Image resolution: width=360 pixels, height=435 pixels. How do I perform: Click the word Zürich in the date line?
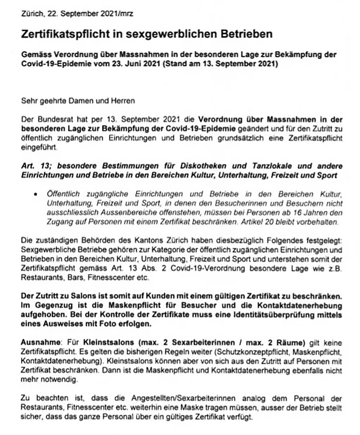30,14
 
